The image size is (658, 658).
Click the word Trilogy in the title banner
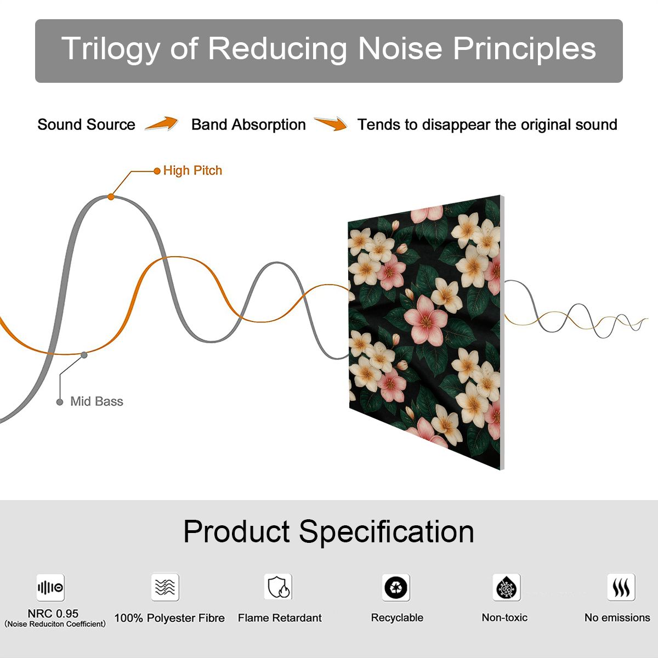click(x=110, y=49)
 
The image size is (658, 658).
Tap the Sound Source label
click(x=87, y=124)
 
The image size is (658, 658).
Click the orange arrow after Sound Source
click(x=162, y=123)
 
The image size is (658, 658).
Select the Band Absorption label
click(x=248, y=125)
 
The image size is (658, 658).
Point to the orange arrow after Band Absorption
click(x=331, y=123)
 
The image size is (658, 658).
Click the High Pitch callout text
click(x=192, y=171)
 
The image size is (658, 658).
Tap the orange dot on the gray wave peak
click(x=111, y=197)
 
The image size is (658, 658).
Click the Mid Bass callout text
click(x=97, y=401)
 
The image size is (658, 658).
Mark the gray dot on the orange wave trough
click(x=84, y=355)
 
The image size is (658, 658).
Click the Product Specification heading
click(x=328, y=531)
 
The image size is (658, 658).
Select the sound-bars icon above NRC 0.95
click(x=50, y=587)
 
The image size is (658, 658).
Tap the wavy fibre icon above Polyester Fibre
click(x=165, y=587)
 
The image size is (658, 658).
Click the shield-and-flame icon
click(x=279, y=587)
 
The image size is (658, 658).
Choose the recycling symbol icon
click(x=396, y=587)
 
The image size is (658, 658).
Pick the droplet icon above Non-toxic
click(x=507, y=587)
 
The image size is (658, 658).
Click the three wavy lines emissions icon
click(x=621, y=587)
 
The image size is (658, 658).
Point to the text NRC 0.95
click(x=53, y=614)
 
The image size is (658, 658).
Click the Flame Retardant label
click(x=280, y=618)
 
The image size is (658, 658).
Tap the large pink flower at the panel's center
click(x=426, y=320)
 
